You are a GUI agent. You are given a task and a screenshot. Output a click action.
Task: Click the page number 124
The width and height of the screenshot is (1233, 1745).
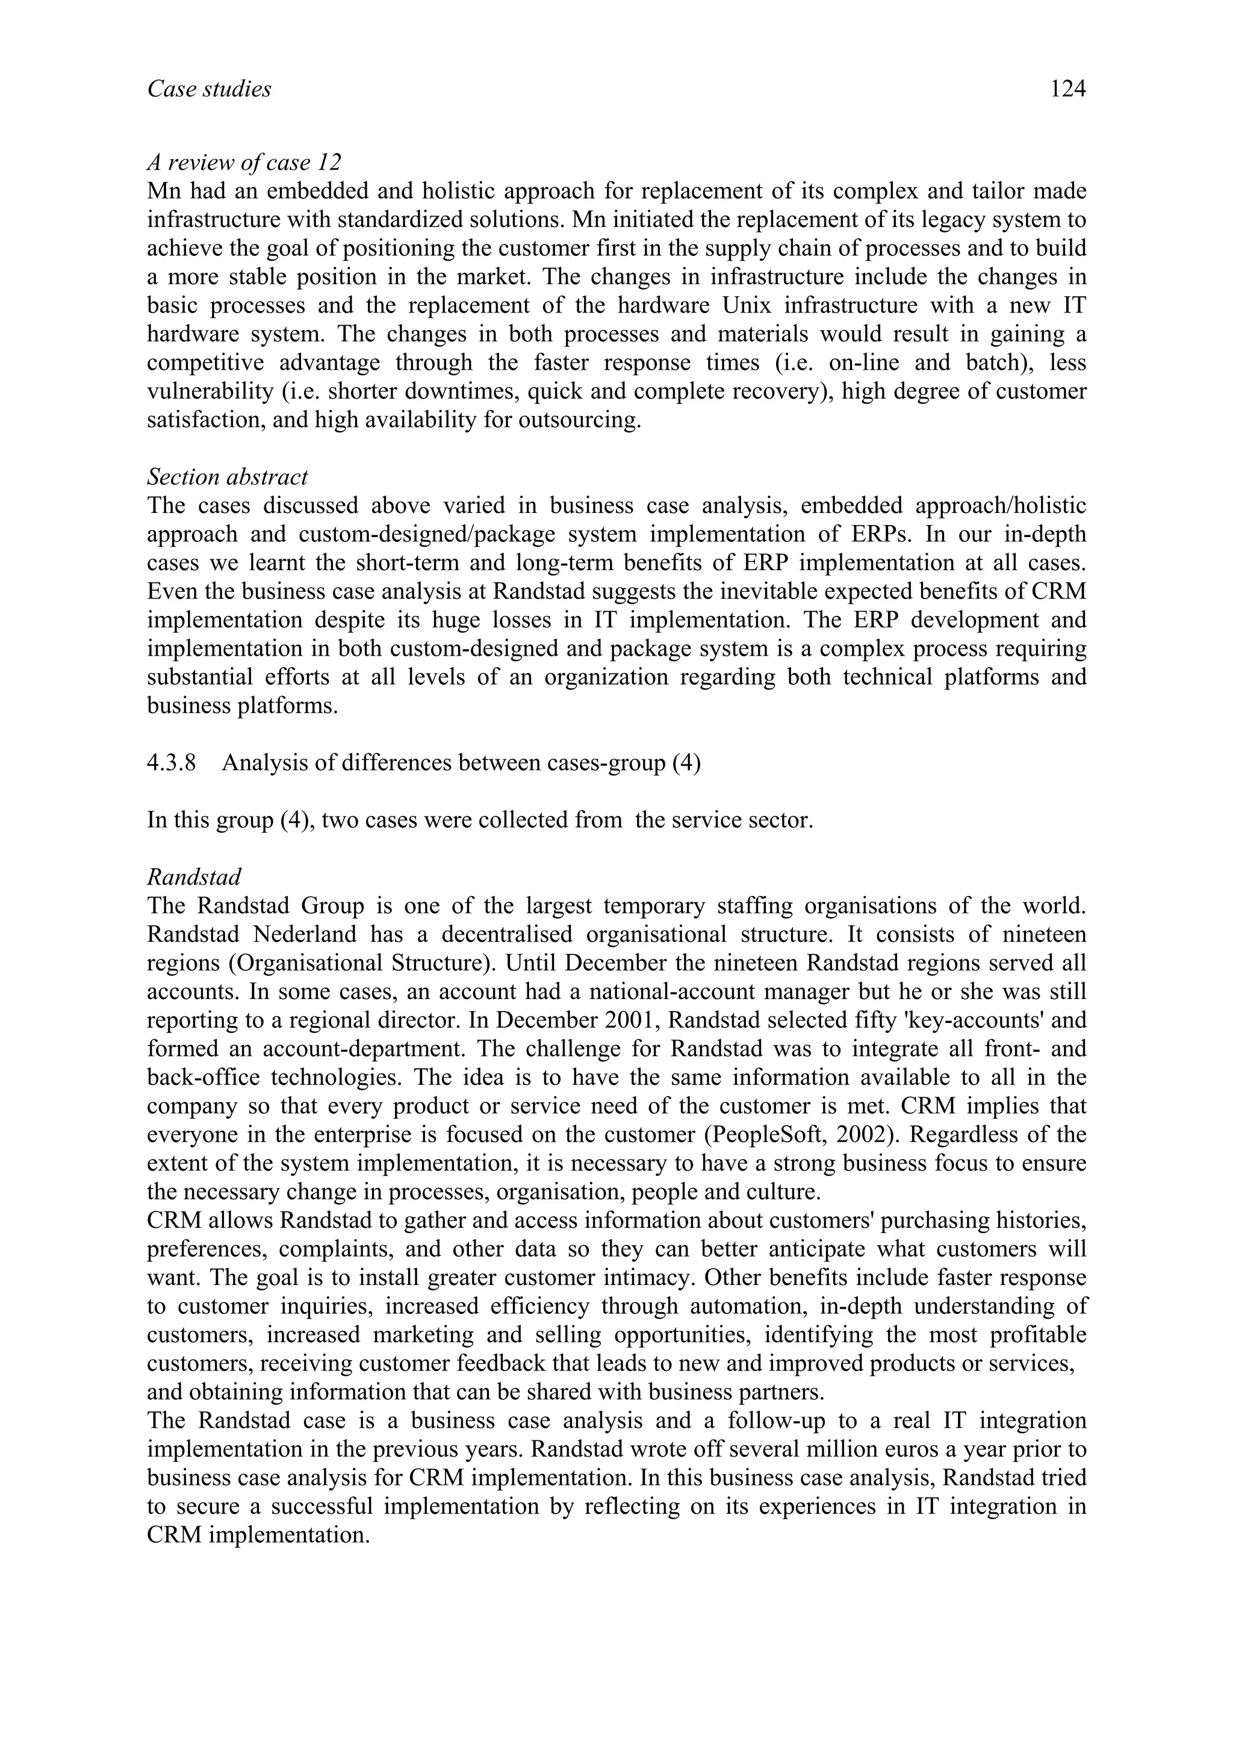point(1067,90)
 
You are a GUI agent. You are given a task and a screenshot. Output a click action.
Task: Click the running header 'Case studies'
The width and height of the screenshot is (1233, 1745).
point(209,90)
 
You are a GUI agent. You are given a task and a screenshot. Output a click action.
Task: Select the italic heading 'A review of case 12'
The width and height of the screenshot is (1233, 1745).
point(244,163)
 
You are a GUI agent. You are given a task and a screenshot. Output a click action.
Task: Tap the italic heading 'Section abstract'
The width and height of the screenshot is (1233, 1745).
point(227,477)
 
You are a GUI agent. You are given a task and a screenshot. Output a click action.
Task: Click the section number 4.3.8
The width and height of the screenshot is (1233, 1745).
point(171,763)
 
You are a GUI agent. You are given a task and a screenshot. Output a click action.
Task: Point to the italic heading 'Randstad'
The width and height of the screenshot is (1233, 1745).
point(194,877)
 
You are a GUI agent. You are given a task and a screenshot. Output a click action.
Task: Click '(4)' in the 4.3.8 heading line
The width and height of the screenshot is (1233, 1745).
point(686,763)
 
